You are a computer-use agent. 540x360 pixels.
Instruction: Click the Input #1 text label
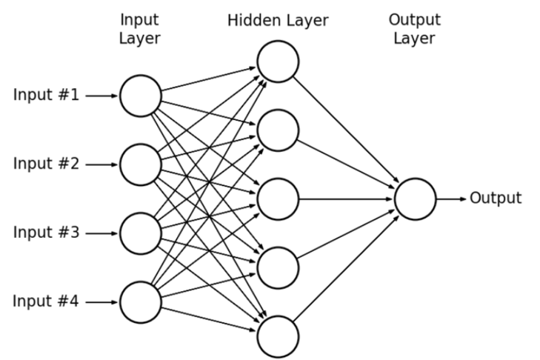46,94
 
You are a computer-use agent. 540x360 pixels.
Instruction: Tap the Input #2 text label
46,163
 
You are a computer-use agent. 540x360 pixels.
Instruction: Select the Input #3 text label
46,232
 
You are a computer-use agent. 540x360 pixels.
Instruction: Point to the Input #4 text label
46,301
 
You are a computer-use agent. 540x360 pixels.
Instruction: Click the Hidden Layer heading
278,21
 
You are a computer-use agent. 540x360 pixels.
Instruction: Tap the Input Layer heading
139,29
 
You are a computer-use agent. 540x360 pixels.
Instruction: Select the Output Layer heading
415,29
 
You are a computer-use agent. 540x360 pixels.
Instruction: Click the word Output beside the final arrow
496,198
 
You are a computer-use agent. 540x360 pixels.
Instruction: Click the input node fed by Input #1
141,96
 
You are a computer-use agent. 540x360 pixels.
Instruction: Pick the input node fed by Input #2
141,164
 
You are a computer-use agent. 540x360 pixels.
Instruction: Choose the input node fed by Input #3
141,233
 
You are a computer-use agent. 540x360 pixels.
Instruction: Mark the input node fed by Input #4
141,302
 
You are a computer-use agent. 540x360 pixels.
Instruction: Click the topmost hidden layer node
278,61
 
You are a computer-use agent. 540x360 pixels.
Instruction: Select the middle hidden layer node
278,199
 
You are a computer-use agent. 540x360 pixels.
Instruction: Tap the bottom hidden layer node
278,336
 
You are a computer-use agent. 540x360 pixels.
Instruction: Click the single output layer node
415,199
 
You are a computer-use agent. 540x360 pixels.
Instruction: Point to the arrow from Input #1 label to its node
101,96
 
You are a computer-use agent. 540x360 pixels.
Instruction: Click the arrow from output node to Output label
451,199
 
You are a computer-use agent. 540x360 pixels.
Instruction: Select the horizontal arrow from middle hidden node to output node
345,199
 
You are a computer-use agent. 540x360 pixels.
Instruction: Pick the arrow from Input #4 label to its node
101,302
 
